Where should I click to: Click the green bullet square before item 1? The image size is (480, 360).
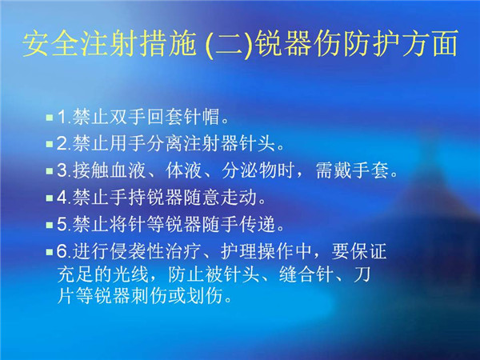point(50,118)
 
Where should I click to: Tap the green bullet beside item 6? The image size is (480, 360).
point(50,252)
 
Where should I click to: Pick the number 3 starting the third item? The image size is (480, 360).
point(62,170)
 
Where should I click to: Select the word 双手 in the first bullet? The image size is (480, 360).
point(128,117)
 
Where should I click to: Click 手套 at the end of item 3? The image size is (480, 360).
point(370,170)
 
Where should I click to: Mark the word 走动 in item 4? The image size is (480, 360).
point(239,198)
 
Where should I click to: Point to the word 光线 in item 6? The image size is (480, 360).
point(131,274)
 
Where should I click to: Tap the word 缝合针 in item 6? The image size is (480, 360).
point(306,274)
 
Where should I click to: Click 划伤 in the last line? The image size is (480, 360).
point(205,296)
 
